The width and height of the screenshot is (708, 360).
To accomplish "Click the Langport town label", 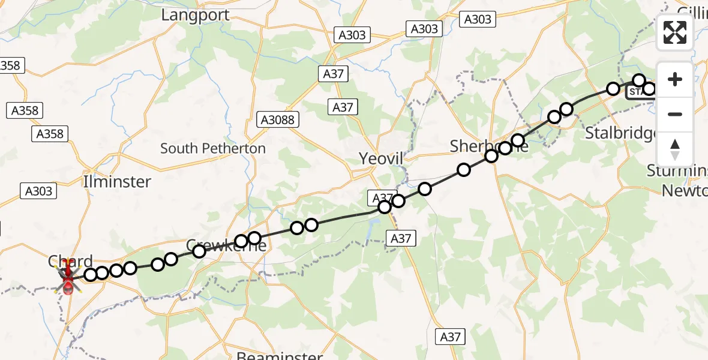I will pos(196,15).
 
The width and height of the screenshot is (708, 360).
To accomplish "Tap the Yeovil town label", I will pos(381,158).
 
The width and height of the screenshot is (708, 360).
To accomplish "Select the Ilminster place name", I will pos(118,181).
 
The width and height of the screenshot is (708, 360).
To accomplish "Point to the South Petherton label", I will pos(213,148).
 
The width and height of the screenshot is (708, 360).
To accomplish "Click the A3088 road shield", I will pos(278,120).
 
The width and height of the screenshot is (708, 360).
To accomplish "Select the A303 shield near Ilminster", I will pos(39,191).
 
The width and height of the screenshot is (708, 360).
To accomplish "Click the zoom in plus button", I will pos(675,79).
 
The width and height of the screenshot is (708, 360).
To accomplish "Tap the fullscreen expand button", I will pos(675,32).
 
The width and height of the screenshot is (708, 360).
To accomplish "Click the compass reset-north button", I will pos(675,149).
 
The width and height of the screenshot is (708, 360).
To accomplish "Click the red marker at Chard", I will pos(67,280).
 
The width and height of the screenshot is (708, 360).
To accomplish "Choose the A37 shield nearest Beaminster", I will pos(450,337).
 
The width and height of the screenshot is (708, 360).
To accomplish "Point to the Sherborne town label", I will pos(489,146).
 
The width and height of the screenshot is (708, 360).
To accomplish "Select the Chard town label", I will pos(71,261).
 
